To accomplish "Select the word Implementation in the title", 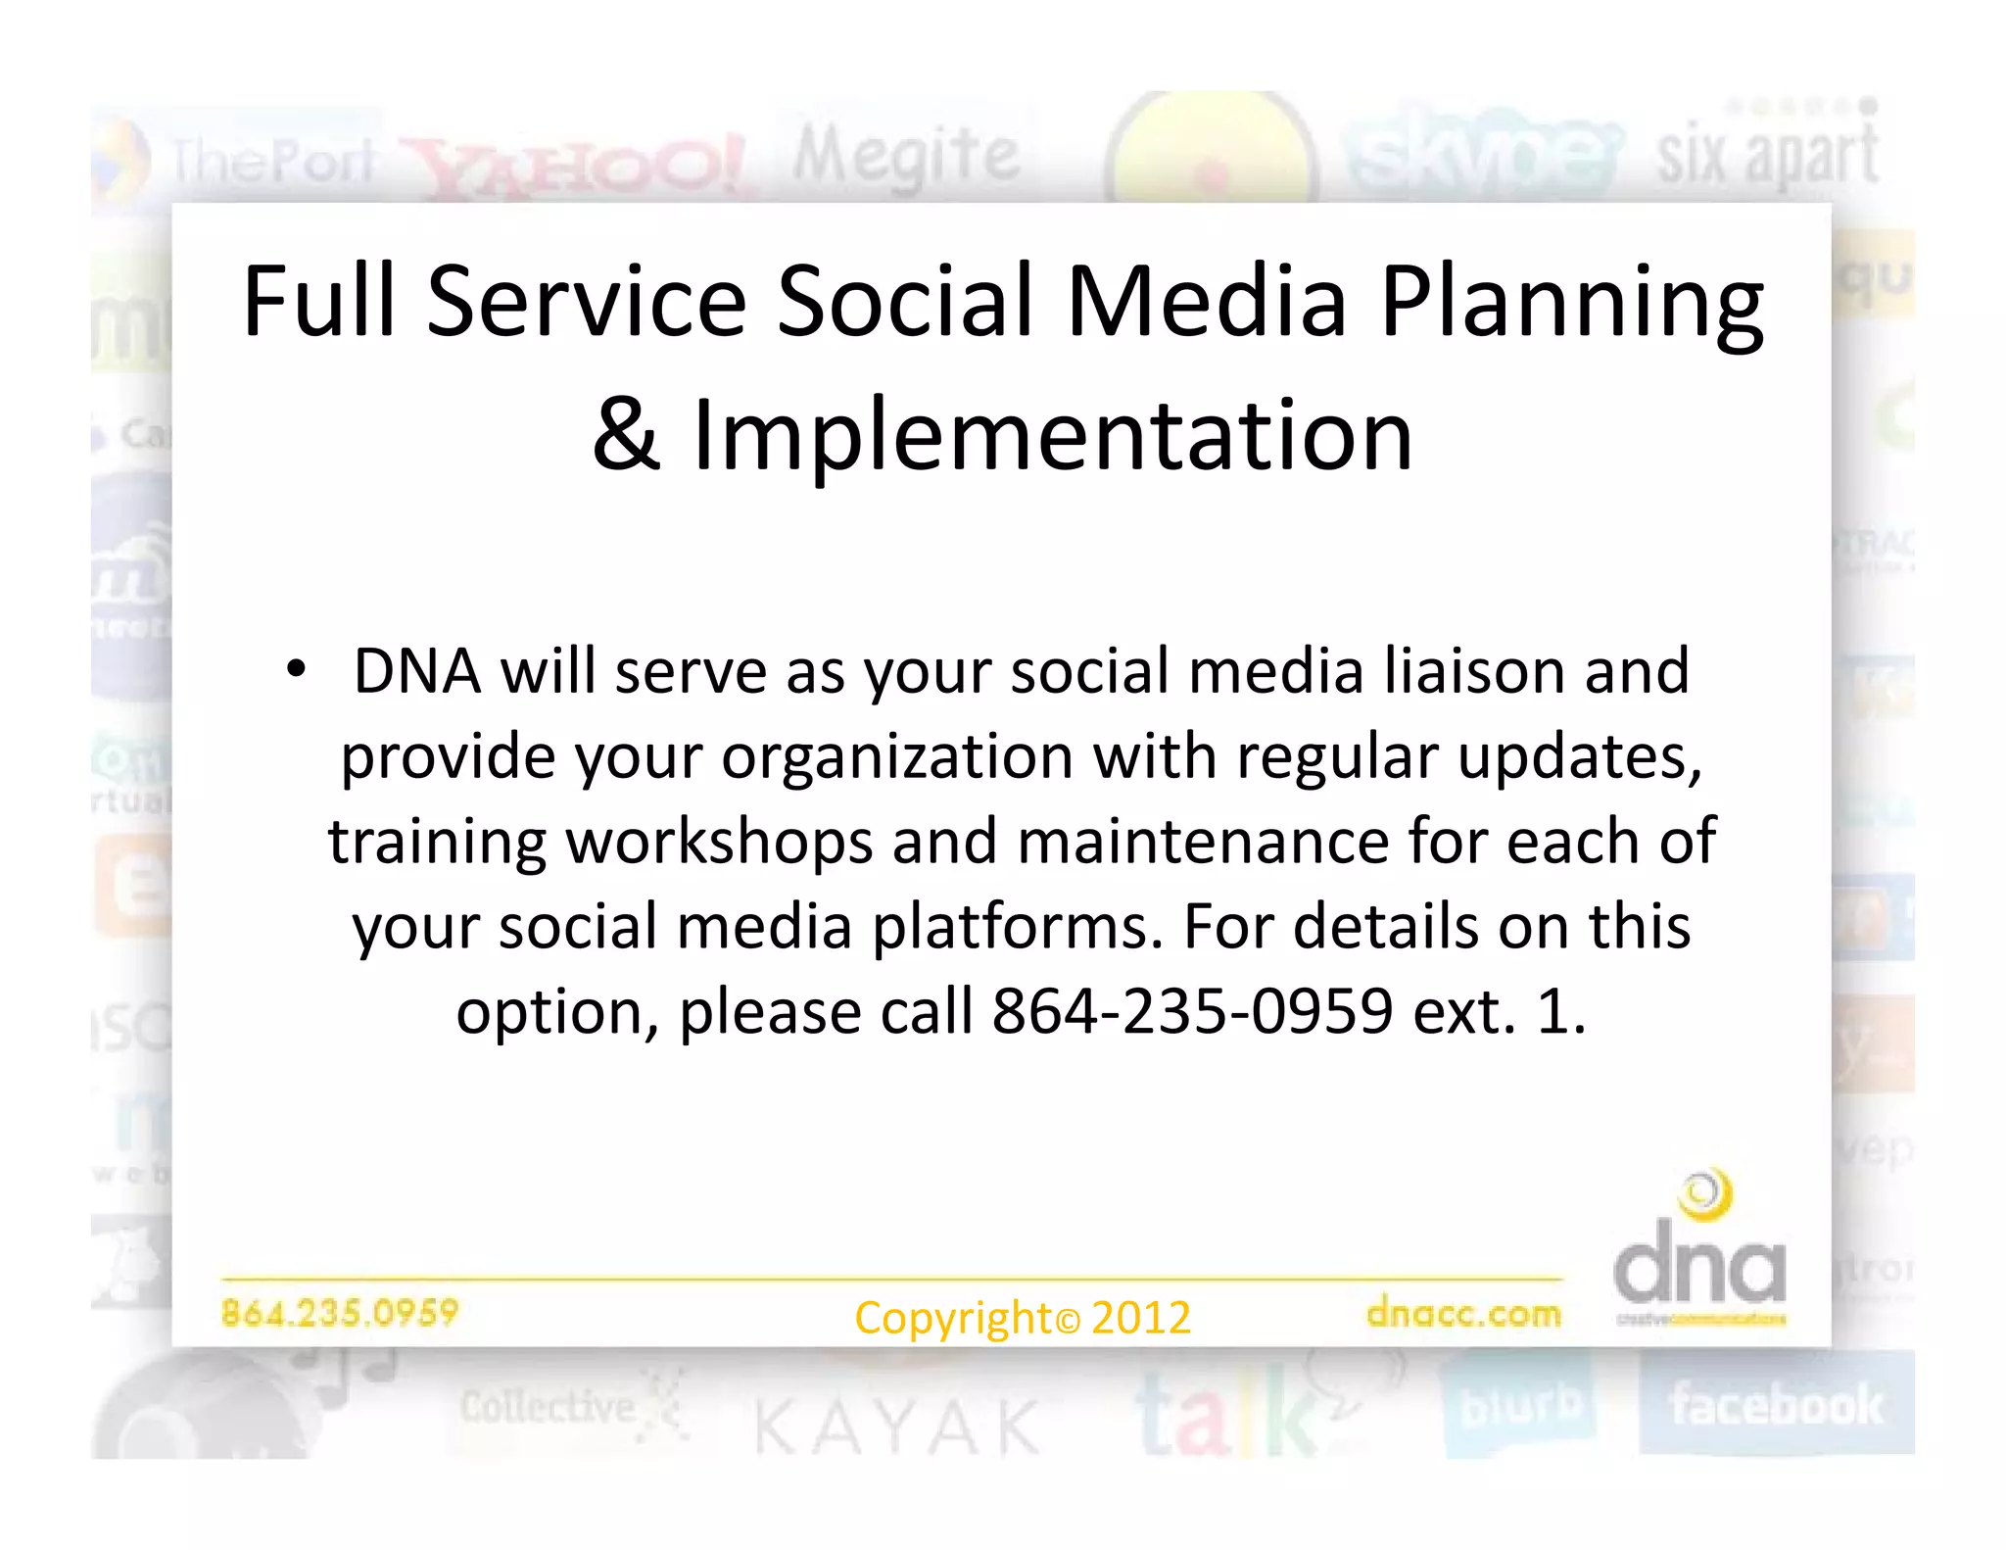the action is (1053, 434).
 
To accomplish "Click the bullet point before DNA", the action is (296, 671).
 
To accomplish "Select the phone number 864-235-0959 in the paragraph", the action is (1192, 1011).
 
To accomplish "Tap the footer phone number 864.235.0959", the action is (340, 1312).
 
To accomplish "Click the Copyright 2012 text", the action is (1022, 1318).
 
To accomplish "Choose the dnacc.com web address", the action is (1463, 1313).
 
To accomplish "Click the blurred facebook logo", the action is (1776, 1405).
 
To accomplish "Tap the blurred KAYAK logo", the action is (896, 1427).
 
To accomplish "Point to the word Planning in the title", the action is (1572, 301).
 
